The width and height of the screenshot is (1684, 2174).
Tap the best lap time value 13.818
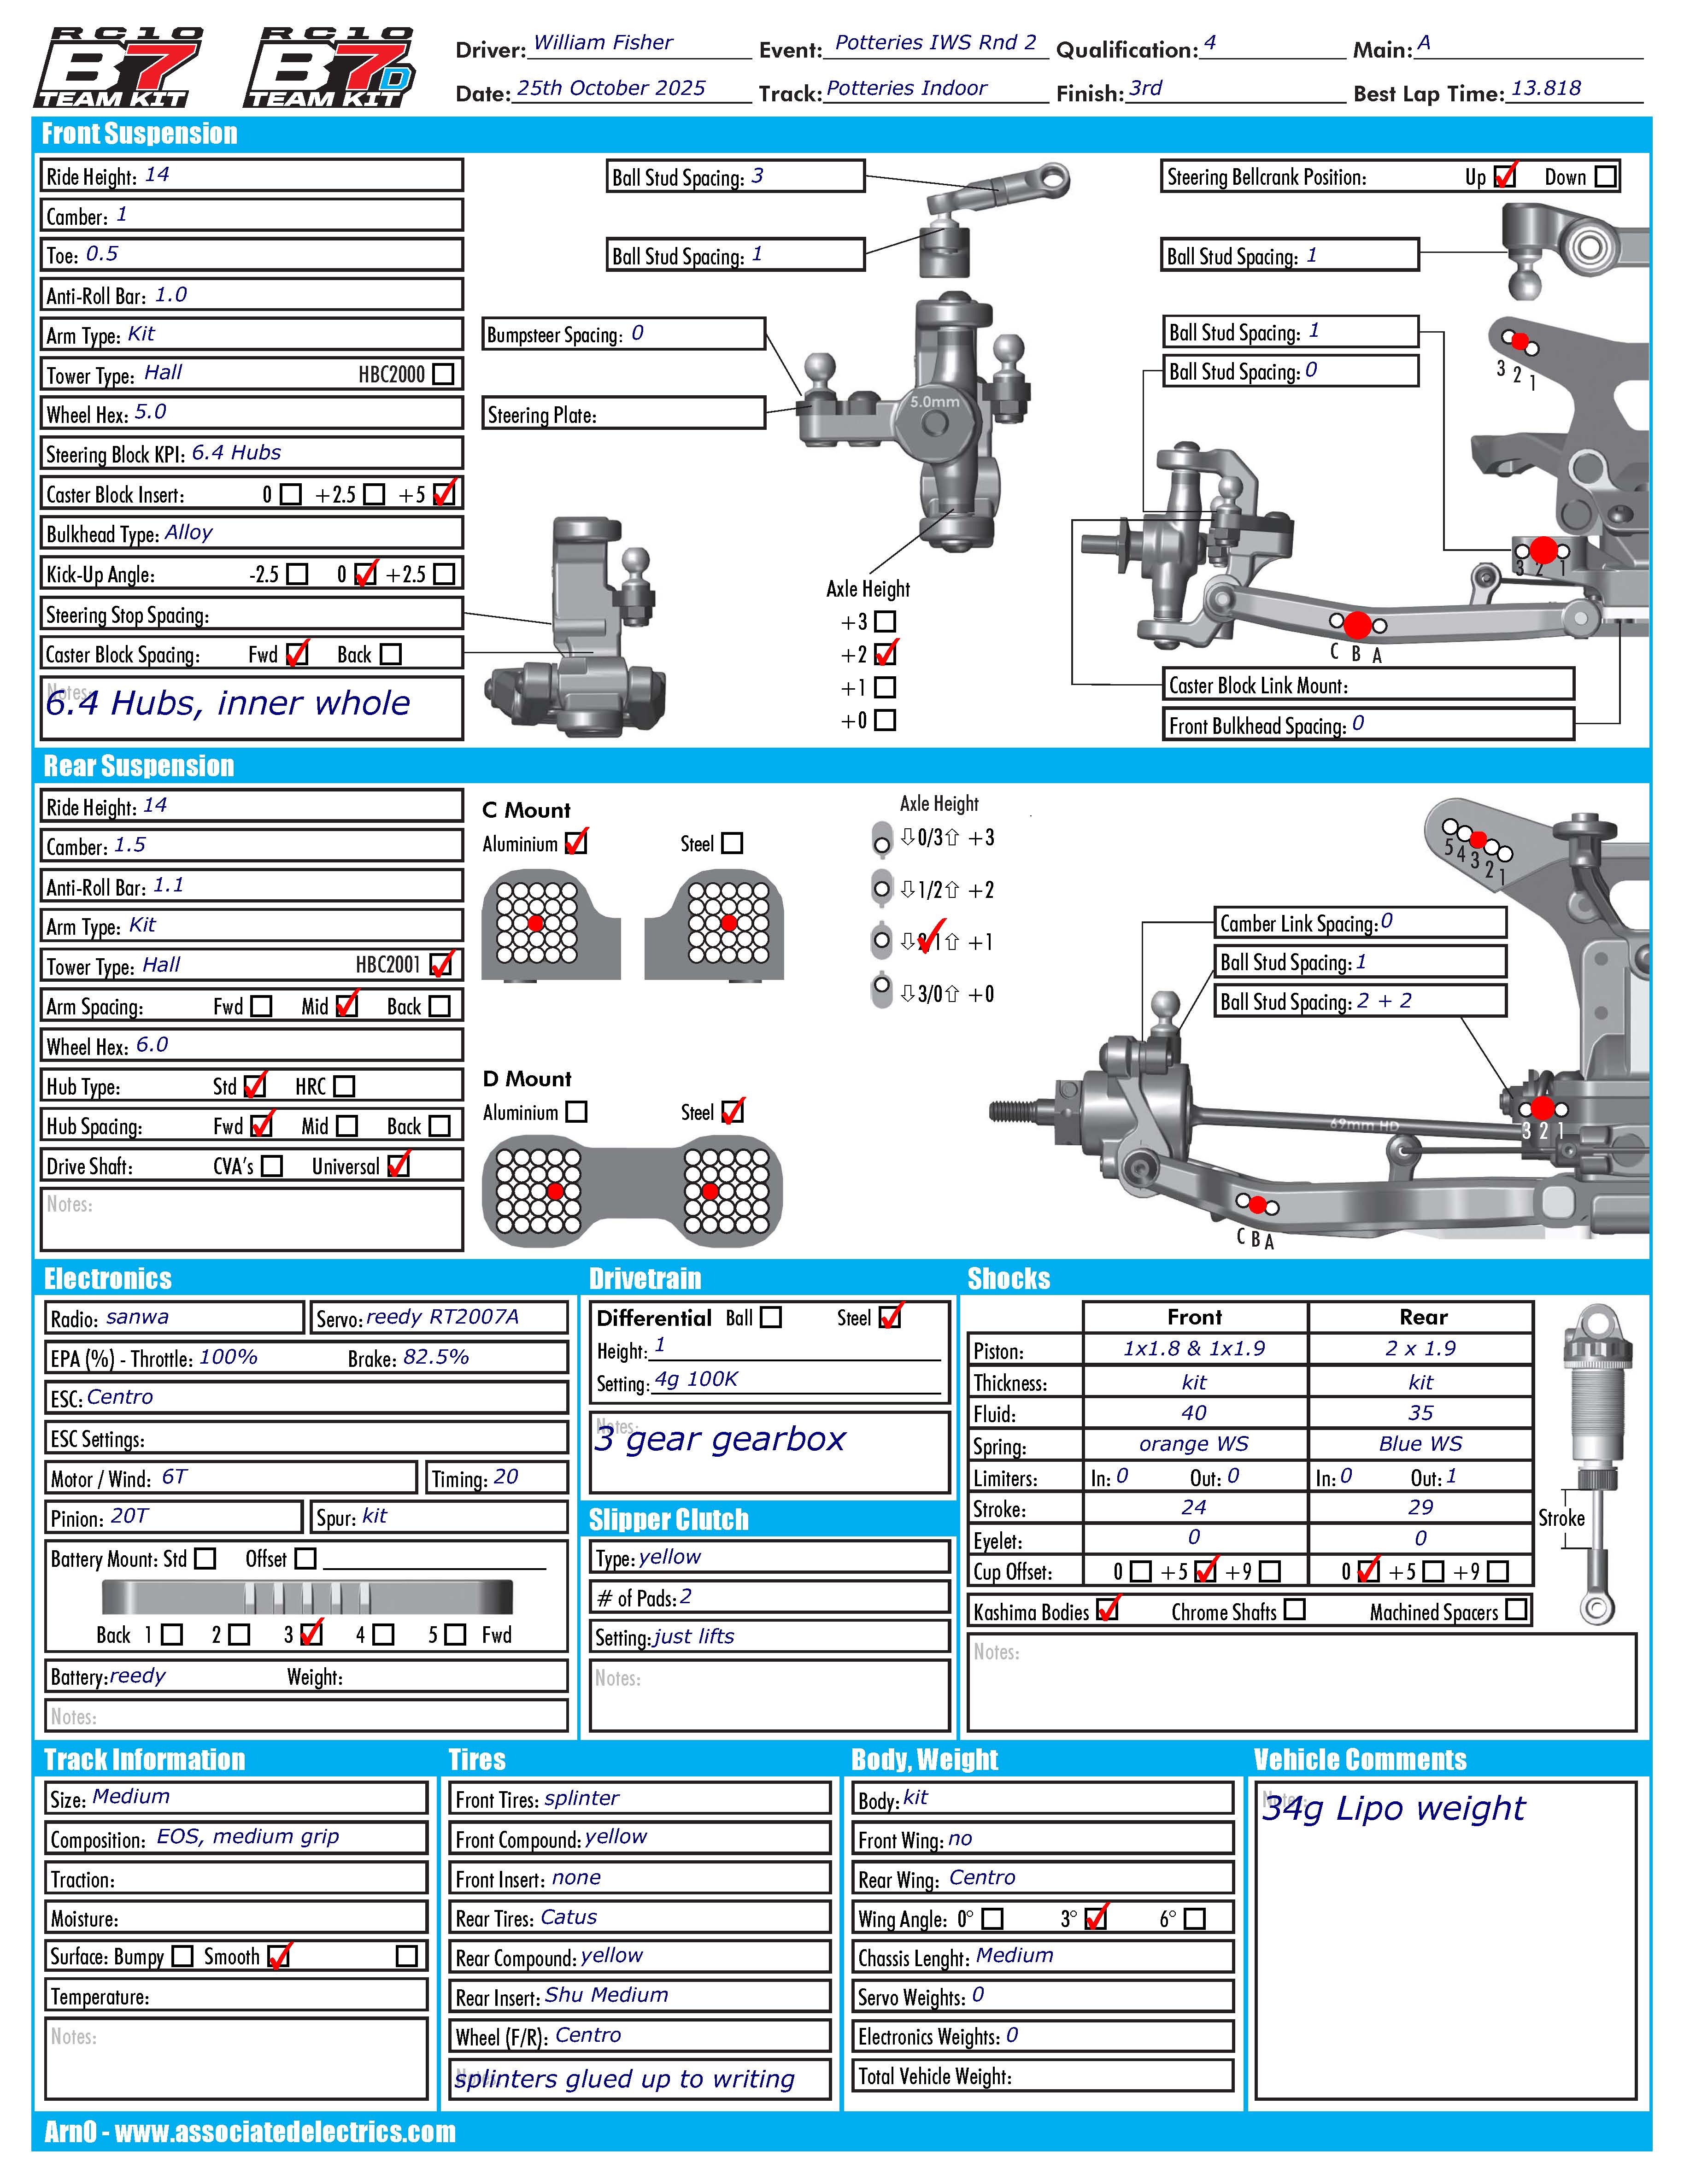coord(1546,88)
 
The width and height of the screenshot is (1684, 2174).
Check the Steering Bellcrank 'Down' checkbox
coord(1605,176)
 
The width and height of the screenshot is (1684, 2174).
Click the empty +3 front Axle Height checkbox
coord(885,622)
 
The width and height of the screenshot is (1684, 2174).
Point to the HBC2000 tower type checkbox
coord(444,374)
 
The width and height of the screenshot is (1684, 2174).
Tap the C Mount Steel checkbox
coord(733,843)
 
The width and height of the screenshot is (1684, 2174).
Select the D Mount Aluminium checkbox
coord(576,1112)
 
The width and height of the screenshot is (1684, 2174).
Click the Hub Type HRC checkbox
coord(344,1086)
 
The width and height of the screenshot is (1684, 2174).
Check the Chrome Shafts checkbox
coord(1294,1610)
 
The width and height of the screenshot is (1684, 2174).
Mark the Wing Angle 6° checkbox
coord(1195,1918)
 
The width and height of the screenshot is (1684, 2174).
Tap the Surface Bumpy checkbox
coord(182,1956)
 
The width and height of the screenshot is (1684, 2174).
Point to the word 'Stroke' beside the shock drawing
coord(1561,1518)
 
